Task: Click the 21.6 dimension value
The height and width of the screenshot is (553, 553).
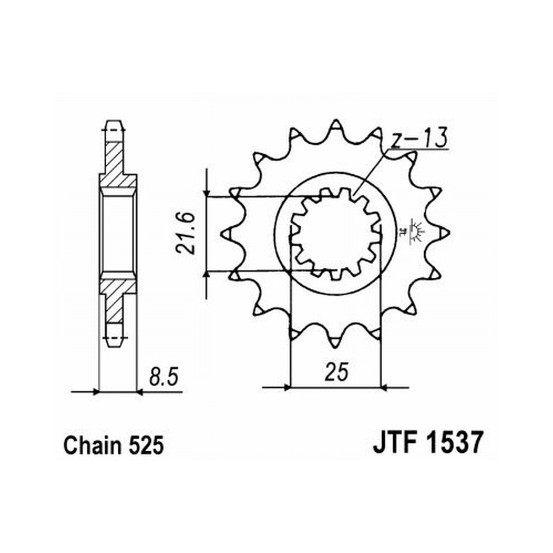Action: click(x=185, y=233)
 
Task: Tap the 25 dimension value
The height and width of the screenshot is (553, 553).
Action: click(x=337, y=372)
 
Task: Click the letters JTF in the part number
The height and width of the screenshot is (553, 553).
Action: click(x=395, y=442)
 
